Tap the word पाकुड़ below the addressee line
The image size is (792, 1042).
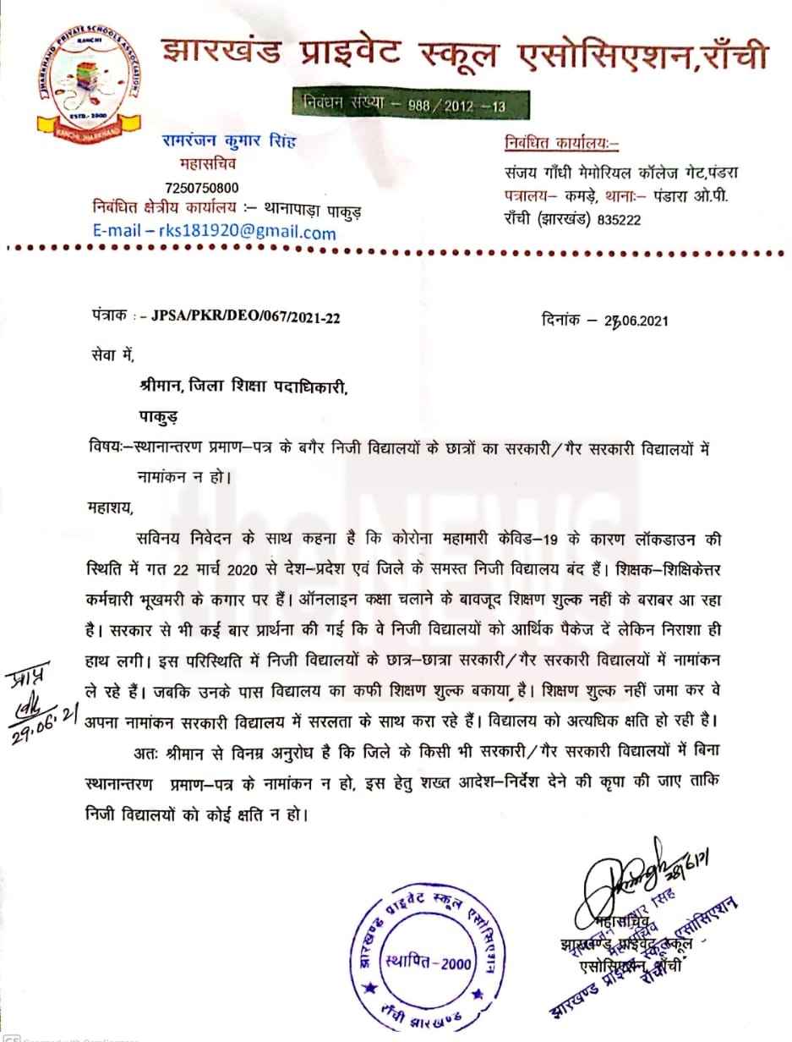click(x=162, y=415)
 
